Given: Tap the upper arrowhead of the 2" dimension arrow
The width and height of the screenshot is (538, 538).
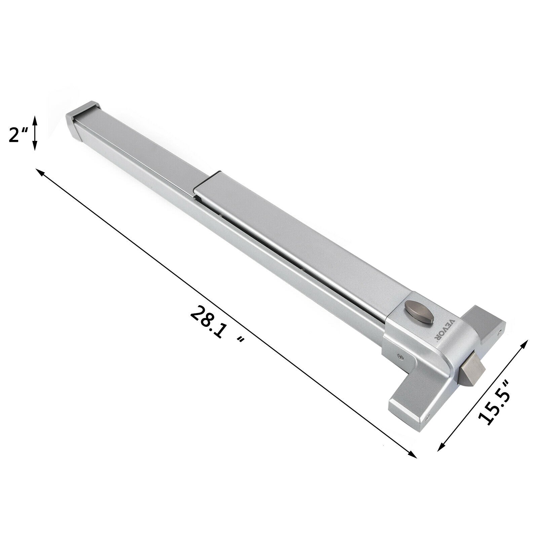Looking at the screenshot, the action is point(34,117).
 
